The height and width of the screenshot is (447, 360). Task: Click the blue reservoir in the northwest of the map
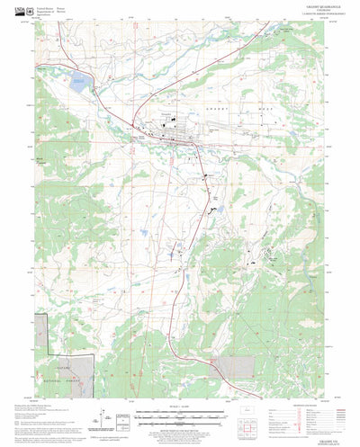point(78,86)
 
